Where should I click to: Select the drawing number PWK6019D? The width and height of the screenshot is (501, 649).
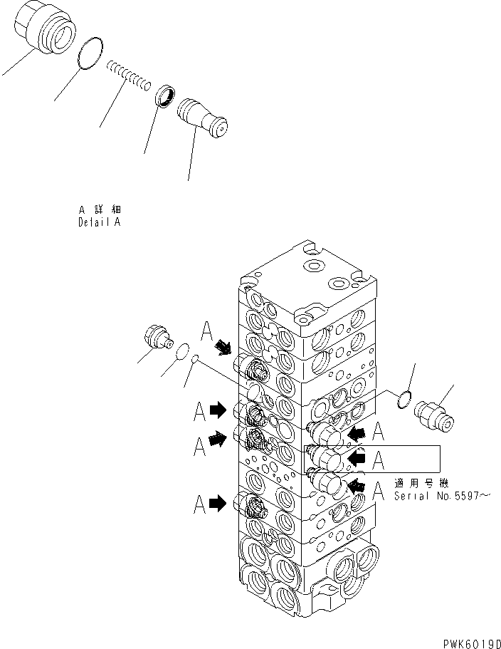point(464,641)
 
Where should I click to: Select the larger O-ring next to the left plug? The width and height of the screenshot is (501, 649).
point(181,350)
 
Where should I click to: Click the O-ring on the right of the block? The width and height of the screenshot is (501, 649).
point(403,400)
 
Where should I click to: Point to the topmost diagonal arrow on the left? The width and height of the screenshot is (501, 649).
point(224,347)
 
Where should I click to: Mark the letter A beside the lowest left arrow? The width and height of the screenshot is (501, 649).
point(200,505)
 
